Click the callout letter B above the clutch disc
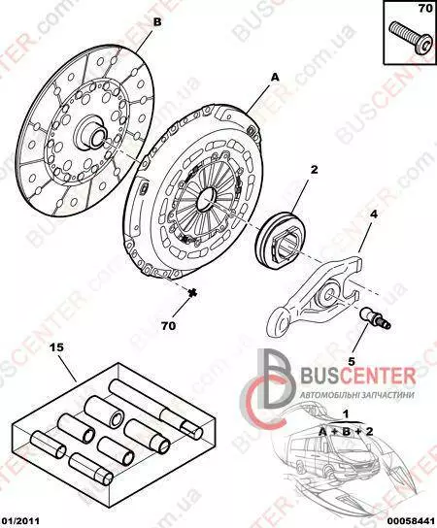tap(157, 22)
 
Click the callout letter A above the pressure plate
tap(275, 78)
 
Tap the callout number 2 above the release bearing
tap(314, 170)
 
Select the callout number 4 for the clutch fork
tap(373, 214)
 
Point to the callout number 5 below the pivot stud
tap(352, 361)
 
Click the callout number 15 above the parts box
tap(56, 347)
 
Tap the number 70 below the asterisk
tap(168, 325)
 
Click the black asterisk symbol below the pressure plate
tap(192, 293)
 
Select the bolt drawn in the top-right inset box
tap(410, 43)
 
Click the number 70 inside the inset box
tap(425, 9)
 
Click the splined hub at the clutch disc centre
tap(91, 132)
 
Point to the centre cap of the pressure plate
tap(208, 199)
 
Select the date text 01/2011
tap(19, 521)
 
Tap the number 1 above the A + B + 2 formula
tap(346, 413)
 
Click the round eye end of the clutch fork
tap(280, 321)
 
